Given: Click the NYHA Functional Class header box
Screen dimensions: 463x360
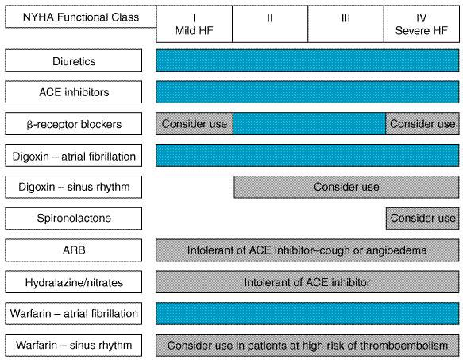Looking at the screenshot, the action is pos(81,17).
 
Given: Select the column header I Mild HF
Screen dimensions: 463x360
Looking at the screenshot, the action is pos(195,24).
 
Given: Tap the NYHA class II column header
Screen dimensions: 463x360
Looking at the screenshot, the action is pos(270,24).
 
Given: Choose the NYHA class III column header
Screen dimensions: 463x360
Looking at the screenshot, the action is pos(345,24).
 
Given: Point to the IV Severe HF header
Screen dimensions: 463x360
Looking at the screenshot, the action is pos(422,24).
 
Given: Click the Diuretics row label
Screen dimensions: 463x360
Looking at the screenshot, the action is pos(74,60).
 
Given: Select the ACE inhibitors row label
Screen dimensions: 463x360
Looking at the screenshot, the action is pos(74,92).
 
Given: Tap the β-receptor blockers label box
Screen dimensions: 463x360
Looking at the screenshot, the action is pos(74,123).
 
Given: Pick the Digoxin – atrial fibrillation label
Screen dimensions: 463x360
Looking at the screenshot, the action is pos(74,156).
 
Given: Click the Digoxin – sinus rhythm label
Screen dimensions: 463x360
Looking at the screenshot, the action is pos(74,187).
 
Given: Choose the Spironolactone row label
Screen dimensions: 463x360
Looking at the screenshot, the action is pos(74,219).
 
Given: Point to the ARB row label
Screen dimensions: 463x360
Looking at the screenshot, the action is pos(74,250).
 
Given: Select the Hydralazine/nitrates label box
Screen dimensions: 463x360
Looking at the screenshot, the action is pos(74,282).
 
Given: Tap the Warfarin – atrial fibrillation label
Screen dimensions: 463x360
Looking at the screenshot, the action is pos(74,314).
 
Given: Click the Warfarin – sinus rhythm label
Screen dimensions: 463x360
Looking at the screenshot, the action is pos(74,345).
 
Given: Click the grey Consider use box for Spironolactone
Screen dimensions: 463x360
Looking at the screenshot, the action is pos(422,219).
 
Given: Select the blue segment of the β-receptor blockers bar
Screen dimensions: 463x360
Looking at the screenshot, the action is pos(309,123).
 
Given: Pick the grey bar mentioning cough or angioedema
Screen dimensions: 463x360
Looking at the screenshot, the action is pos(307,250).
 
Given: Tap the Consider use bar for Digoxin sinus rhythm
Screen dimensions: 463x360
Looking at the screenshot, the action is pos(346,187).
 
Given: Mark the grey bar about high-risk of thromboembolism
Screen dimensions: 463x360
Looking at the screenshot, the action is pos(307,345).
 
